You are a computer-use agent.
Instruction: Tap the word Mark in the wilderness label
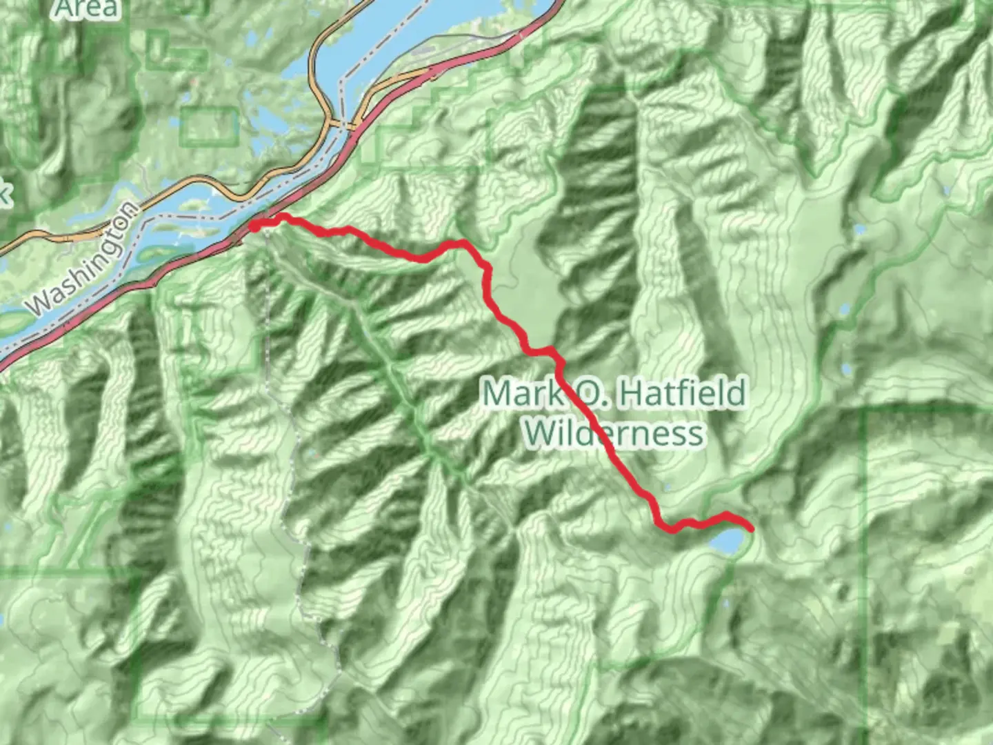click(523, 393)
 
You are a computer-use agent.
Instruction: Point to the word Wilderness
click(614, 434)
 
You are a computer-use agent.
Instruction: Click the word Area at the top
click(87, 8)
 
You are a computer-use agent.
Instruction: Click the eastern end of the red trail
click(750, 528)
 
